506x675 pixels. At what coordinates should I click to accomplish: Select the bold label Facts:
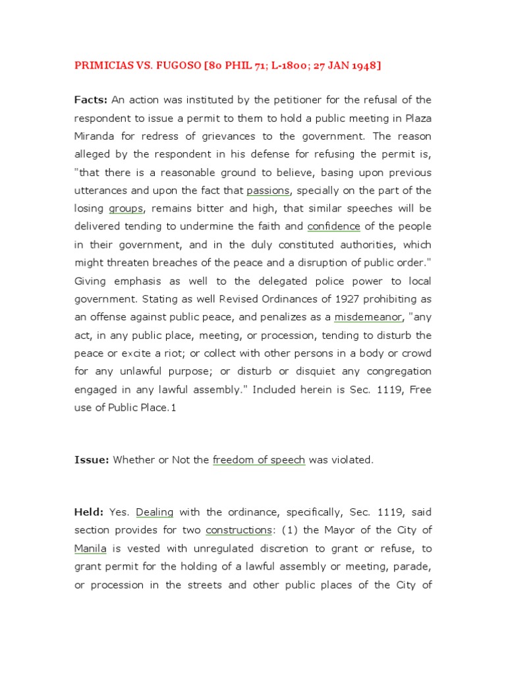[91, 100]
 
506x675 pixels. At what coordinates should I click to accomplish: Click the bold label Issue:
[92, 460]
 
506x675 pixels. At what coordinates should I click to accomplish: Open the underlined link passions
[268, 191]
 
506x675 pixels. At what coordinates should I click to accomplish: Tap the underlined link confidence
[334, 226]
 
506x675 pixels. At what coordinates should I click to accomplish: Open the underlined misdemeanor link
[368, 317]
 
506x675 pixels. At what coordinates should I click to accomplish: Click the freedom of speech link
[259, 460]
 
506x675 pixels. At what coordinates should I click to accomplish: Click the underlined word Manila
[90, 548]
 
